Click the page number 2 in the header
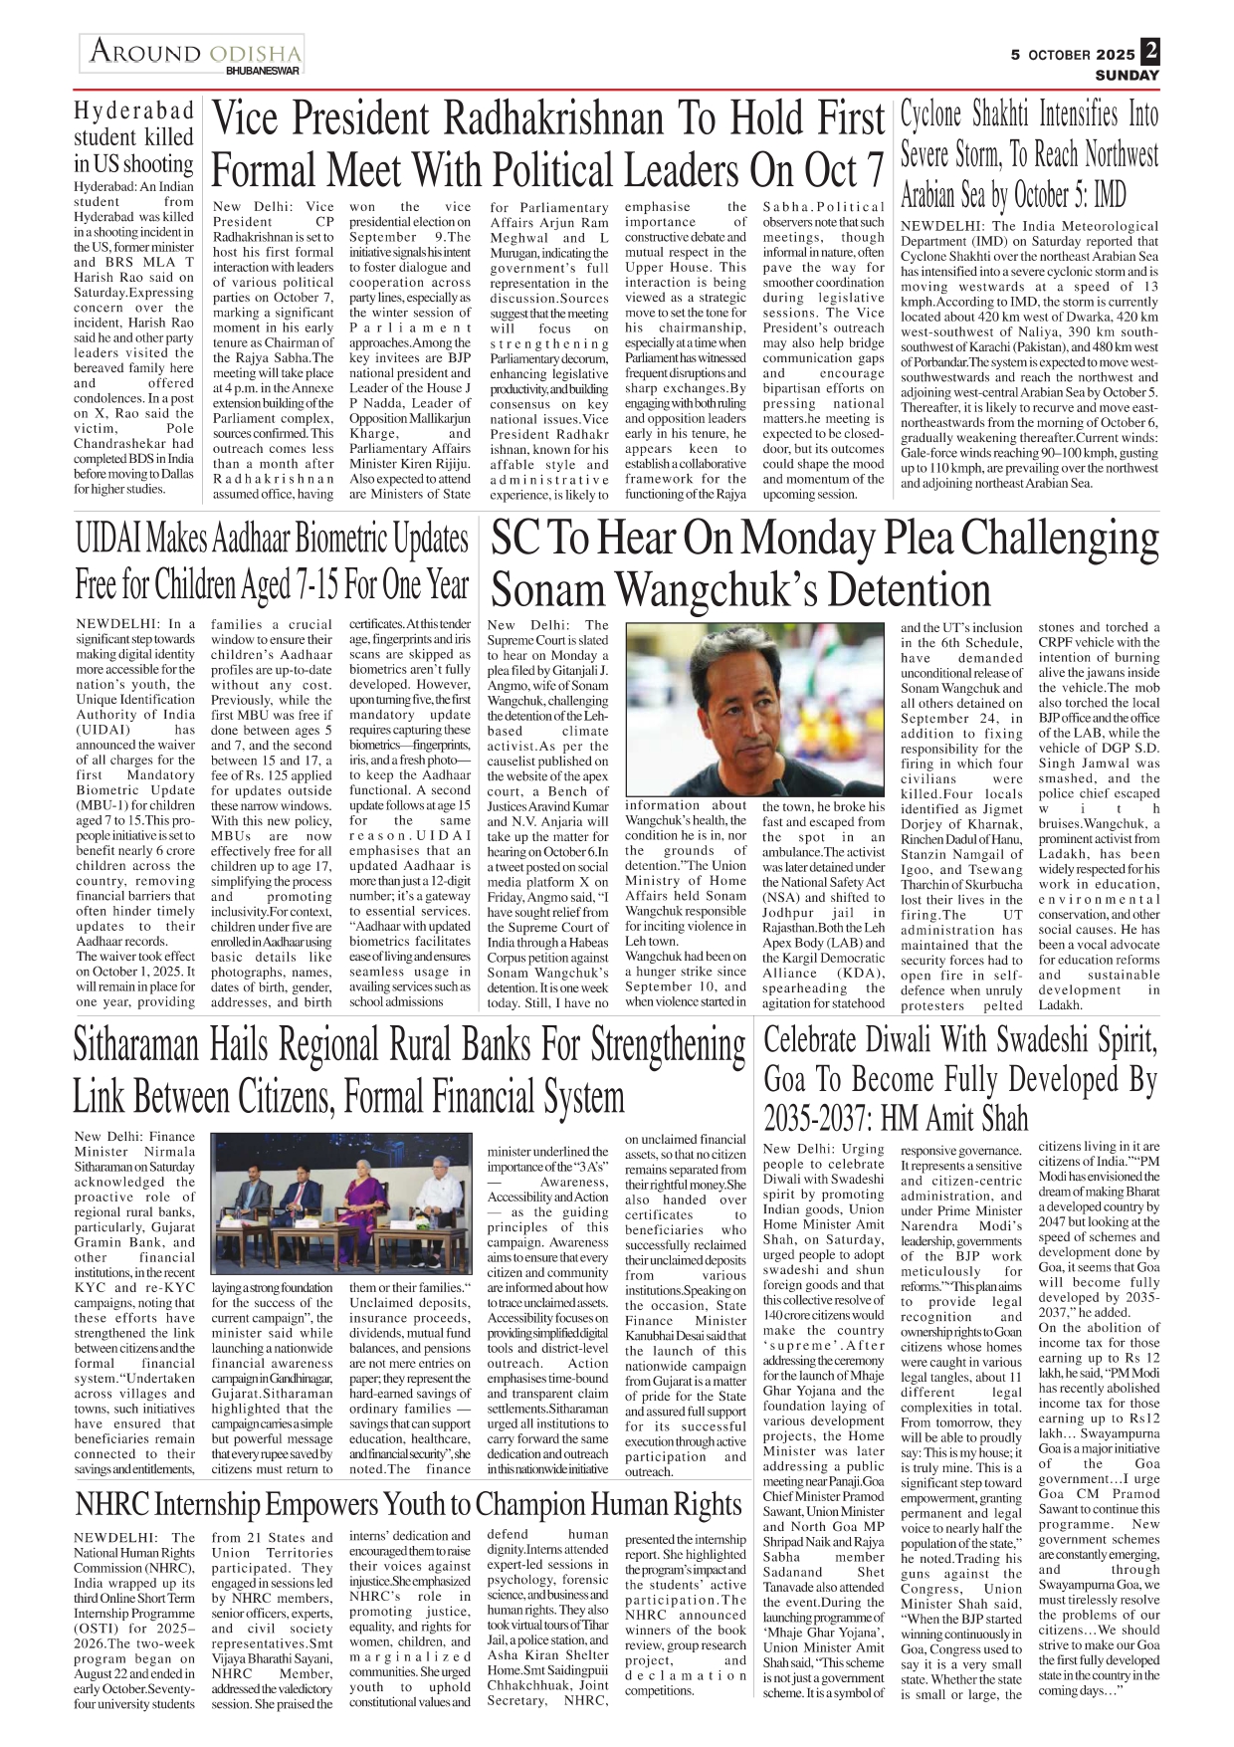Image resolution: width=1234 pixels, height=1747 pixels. point(1149,51)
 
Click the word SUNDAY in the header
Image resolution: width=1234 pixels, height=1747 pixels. point(1127,76)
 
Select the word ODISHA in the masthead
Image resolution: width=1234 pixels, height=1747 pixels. point(255,53)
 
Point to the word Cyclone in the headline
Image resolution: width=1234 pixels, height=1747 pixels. point(932,115)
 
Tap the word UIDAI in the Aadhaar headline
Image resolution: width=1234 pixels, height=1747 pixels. point(108,541)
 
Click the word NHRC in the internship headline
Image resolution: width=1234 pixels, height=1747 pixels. point(112,1505)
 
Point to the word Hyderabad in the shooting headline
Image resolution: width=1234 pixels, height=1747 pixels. point(134,110)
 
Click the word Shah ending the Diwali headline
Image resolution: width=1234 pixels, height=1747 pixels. point(999,1119)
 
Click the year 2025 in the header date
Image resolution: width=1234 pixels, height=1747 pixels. point(1115,55)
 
